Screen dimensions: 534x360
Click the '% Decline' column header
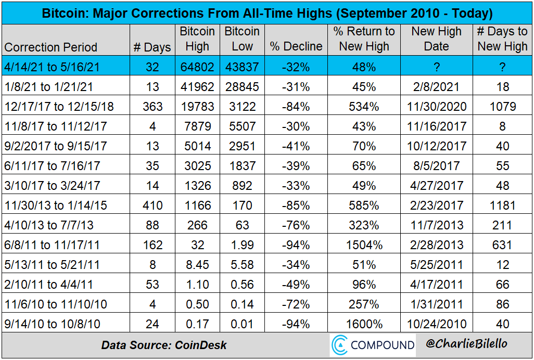[x=296, y=46]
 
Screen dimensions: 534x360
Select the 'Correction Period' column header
[x=50, y=47]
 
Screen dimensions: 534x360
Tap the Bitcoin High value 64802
[x=197, y=67]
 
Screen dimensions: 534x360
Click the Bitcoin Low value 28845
[x=242, y=87]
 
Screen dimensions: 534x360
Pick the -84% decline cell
[x=296, y=107]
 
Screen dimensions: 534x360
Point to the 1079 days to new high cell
[x=503, y=107]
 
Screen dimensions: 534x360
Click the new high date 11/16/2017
[x=437, y=126]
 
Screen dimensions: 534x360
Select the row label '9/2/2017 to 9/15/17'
[x=55, y=146]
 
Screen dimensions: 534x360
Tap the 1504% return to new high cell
[x=364, y=245]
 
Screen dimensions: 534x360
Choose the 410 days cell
[x=152, y=205]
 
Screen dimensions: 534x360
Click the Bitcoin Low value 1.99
[x=242, y=245]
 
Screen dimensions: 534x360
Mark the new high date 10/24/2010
[x=437, y=324]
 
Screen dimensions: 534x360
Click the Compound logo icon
[x=339, y=345]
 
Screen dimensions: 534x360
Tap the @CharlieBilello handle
[x=466, y=343]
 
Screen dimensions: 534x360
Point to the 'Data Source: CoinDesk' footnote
[x=164, y=345]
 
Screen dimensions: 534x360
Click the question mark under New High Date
[x=437, y=67]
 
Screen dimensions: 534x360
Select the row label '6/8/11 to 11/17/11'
[x=52, y=245]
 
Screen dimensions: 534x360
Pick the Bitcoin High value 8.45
[x=197, y=265]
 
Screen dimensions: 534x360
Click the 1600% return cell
[x=364, y=324]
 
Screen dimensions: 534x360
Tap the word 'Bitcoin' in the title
[x=65, y=13]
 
